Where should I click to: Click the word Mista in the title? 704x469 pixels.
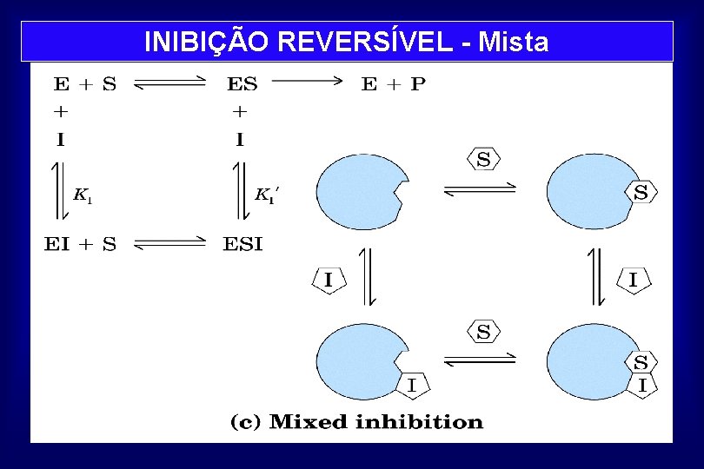pyautogui.click(x=514, y=41)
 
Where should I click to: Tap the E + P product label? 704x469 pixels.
pyautogui.click(x=394, y=84)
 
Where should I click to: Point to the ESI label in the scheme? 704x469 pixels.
pyautogui.click(x=242, y=244)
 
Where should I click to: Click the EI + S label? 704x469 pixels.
pyautogui.click(x=80, y=244)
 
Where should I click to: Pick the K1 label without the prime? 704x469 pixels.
pyautogui.click(x=83, y=195)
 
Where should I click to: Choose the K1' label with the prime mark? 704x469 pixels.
pyautogui.click(x=266, y=195)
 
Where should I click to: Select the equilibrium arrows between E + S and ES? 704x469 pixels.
pyautogui.click(x=171, y=83)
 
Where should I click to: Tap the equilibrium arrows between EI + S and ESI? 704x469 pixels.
pyautogui.click(x=171, y=244)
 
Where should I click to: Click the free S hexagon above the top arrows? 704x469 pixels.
pyautogui.click(x=483, y=159)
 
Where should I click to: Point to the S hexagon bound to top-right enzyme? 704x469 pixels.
pyautogui.click(x=641, y=193)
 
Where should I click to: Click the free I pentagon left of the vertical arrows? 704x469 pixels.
pyautogui.click(x=329, y=280)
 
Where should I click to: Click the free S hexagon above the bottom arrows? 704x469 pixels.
pyautogui.click(x=483, y=331)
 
